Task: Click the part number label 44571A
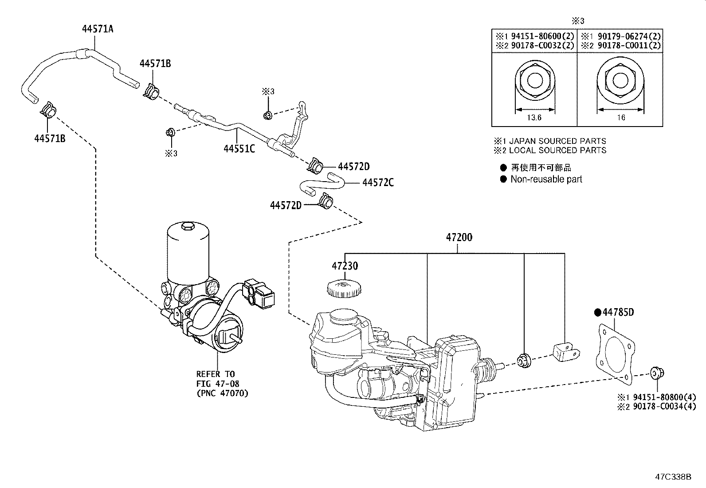[97, 29]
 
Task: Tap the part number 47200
[459, 238]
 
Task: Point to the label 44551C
[239, 149]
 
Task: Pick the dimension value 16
[621, 118]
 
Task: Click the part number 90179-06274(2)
[626, 36]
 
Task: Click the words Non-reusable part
[546, 179]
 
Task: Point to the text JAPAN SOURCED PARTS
[557, 141]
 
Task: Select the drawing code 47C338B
[674, 477]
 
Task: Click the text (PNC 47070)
[222, 393]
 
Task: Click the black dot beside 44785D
[597, 313]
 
